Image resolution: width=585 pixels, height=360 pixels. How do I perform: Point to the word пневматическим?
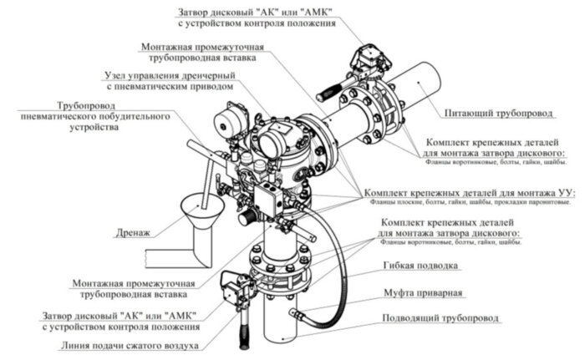(154, 86)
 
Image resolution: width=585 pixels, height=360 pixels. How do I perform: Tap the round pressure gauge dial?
(226, 119)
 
